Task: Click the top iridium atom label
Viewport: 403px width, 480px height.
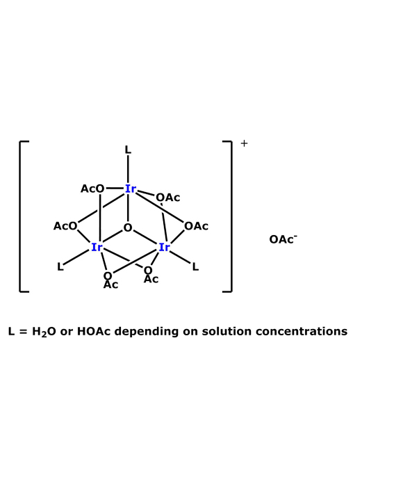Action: (130, 189)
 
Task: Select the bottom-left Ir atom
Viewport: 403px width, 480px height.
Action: (97, 247)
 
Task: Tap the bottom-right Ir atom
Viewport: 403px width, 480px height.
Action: (164, 247)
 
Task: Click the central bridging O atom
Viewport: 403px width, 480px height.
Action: (128, 227)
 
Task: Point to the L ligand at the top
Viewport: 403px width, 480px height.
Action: (128, 150)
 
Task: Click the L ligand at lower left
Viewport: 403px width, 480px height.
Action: (60, 266)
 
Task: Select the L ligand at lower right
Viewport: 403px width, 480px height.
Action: (195, 266)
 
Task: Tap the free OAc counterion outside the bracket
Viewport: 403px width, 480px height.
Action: (283, 239)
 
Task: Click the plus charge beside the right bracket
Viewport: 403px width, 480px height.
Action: (244, 143)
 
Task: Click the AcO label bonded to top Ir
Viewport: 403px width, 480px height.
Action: (92, 189)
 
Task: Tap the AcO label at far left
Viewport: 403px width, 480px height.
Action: (65, 226)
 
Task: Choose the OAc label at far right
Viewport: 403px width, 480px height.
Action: (197, 226)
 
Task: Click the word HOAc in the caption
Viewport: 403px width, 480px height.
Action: (94, 331)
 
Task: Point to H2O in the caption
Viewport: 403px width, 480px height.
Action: (44, 332)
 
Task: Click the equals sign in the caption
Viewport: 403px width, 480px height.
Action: (23, 332)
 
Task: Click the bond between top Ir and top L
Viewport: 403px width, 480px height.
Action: (128, 169)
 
